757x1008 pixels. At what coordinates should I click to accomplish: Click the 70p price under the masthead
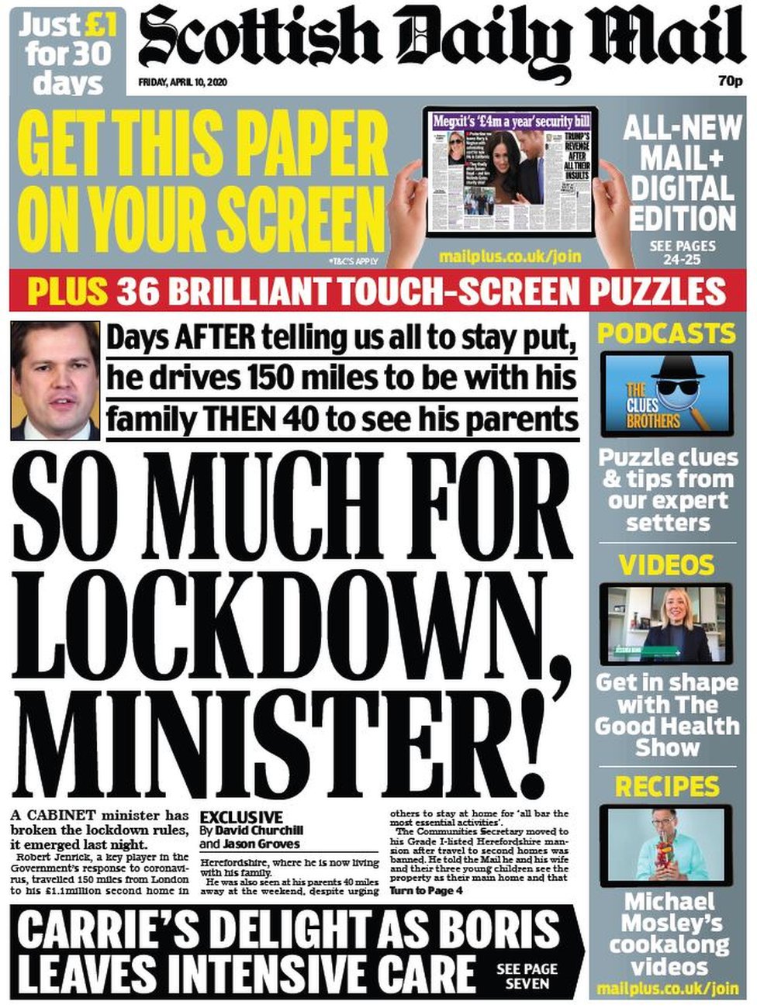point(730,81)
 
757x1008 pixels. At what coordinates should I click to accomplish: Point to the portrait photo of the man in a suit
point(55,380)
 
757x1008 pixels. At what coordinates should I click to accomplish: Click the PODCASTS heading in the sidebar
point(666,333)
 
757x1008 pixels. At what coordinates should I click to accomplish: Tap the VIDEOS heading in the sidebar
point(666,564)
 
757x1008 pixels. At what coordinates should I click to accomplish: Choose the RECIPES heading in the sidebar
point(666,787)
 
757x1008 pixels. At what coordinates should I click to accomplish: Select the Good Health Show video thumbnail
point(666,624)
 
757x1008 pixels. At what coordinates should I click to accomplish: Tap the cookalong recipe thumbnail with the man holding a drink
point(666,845)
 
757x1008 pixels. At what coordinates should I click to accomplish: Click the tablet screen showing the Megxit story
point(510,171)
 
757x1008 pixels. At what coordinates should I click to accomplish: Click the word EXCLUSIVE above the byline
point(241,817)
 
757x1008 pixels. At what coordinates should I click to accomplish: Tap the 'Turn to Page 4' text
point(426,891)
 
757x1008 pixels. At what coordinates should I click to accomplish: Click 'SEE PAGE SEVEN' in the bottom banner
point(527,976)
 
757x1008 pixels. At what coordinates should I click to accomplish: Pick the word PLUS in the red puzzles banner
point(67,292)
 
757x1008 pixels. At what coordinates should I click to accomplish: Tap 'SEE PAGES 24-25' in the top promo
point(682,252)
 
